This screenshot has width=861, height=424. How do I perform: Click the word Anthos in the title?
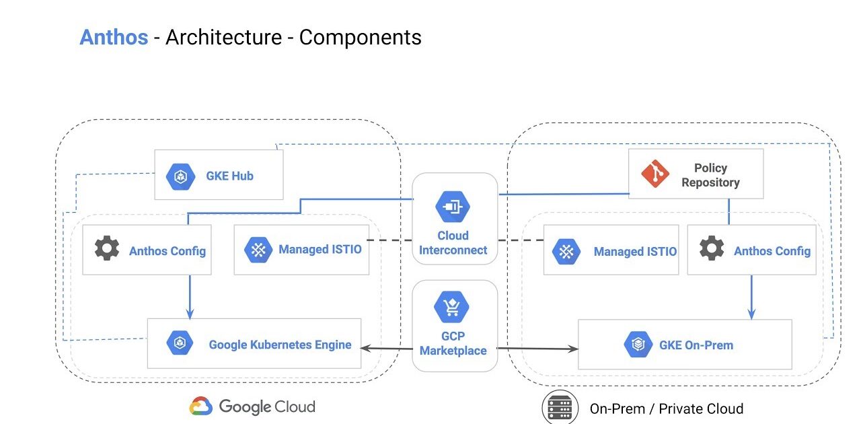coord(114,37)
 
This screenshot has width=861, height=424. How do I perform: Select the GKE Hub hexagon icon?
coord(180,176)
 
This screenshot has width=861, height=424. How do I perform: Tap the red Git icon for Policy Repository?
coord(654,174)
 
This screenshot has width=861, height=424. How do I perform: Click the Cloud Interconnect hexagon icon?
coord(453,206)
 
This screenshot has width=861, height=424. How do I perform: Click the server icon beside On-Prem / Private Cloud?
coord(560,408)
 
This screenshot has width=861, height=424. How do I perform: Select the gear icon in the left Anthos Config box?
coord(107,249)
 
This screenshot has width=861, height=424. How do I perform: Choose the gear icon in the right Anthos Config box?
coord(712,249)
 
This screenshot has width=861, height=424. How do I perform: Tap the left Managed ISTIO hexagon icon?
coord(258,250)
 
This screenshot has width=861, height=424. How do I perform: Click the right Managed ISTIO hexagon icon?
coord(566,251)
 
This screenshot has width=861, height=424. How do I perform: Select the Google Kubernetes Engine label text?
coord(280,345)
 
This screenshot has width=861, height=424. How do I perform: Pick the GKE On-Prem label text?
coord(696,345)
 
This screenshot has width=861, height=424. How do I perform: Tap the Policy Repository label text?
coord(710,175)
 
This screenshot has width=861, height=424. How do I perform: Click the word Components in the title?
coord(360,37)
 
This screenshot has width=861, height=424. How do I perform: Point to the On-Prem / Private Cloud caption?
coord(666,409)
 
